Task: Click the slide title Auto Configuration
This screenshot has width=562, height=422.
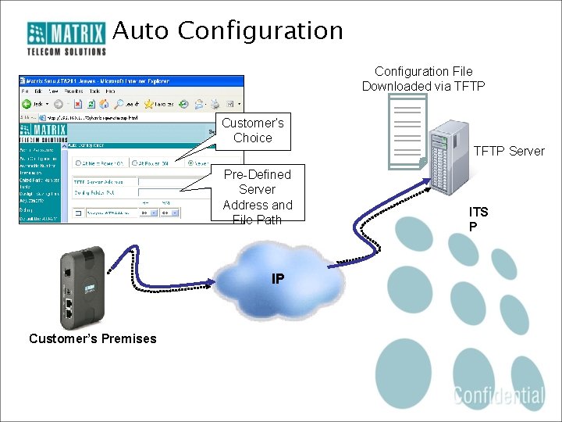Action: (228, 30)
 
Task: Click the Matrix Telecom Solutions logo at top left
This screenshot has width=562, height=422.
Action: (67, 38)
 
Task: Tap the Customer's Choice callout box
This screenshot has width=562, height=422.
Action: (252, 131)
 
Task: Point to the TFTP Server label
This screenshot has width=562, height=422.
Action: (508, 151)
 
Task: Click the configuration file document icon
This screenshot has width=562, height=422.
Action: (407, 130)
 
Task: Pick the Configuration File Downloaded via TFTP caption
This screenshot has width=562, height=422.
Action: (423, 78)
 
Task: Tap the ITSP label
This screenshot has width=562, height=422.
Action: (478, 219)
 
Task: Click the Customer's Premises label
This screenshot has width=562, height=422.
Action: (92, 338)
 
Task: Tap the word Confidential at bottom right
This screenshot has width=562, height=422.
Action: (500, 395)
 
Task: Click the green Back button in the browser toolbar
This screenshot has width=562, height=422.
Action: (27, 103)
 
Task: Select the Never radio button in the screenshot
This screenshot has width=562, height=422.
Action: (191, 163)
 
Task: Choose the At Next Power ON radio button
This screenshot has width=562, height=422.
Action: (78, 163)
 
